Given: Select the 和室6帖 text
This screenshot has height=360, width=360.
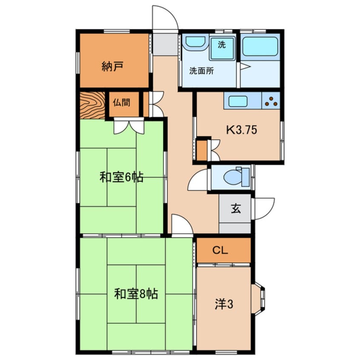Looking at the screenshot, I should (121, 177).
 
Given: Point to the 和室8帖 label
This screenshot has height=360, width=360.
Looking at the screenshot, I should (136, 293).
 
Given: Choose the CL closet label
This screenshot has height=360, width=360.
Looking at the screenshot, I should (221, 251).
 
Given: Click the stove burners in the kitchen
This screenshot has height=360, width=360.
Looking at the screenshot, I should (271, 101).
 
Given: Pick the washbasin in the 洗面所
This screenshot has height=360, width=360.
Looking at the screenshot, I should (196, 43).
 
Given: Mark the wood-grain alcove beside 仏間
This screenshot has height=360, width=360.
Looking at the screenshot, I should (92, 105).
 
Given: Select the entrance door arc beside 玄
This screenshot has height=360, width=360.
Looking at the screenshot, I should (263, 209).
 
